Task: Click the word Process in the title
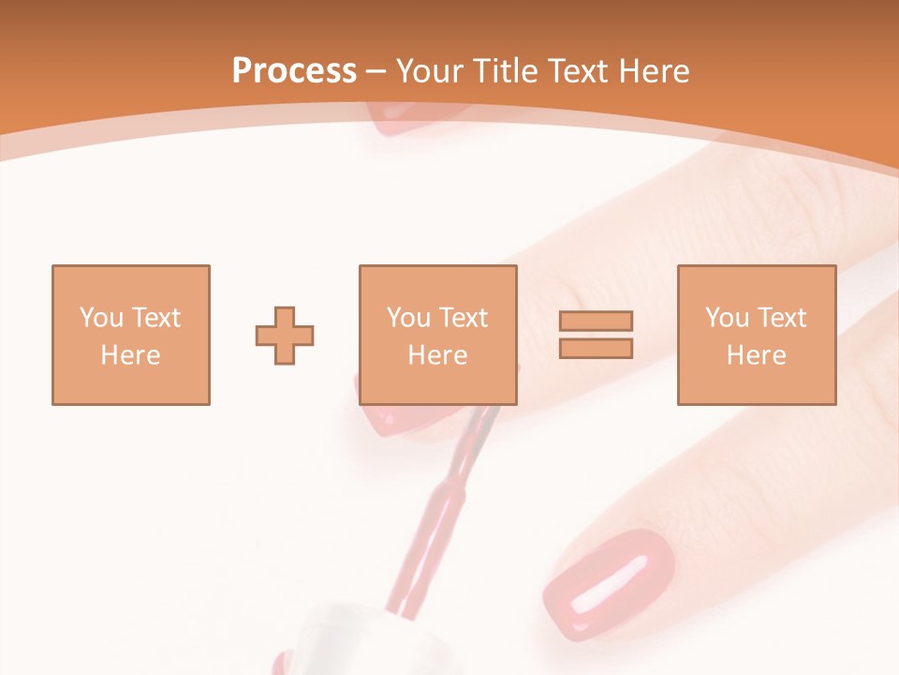tap(294, 71)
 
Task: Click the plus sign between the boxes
tap(285, 336)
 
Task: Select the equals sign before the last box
tap(596, 335)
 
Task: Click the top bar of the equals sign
tap(596, 322)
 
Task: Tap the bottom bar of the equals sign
tap(596, 348)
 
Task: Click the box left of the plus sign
tap(130, 335)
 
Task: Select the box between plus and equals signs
tap(437, 335)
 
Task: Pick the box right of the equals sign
tap(756, 335)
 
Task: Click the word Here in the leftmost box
tap(130, 355)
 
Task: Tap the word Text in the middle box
tap(463, 318)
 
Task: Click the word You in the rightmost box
tap(727, 318)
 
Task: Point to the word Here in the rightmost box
tap(756, 355)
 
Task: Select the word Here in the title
tap(654, 71)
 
